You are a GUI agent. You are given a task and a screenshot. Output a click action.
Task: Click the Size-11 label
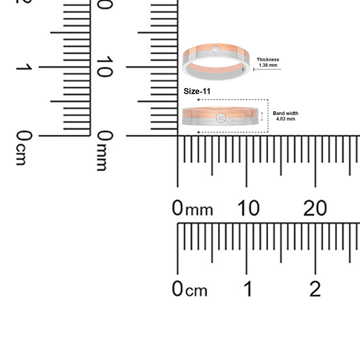[197, 91]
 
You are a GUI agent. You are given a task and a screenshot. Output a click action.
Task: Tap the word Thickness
[268, 60]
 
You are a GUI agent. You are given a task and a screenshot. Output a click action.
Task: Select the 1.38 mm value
[268, 65]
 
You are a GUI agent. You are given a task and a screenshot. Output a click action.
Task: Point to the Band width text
[285, 113]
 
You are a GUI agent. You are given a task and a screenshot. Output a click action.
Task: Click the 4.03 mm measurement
[285, 119]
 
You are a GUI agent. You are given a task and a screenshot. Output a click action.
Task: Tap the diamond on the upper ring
[215, 49]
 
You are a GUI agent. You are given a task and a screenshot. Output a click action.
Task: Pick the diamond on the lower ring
[221, 118]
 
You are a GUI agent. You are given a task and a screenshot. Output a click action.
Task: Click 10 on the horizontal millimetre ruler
[248, 208]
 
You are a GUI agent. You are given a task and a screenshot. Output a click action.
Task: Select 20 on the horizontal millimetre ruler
[315, 208]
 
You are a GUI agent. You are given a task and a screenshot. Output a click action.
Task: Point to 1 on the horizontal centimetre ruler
[248, 288]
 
